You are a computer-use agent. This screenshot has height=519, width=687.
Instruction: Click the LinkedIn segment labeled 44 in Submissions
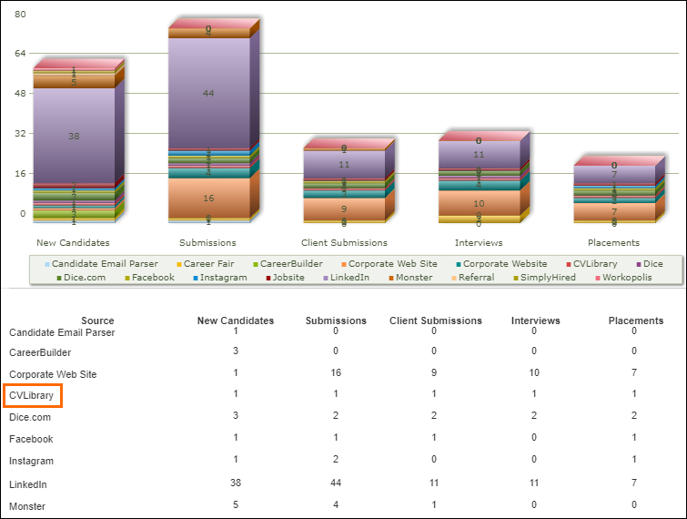[208, 93]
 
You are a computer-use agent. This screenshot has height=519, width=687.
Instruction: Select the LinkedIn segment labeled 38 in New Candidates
[74, 136]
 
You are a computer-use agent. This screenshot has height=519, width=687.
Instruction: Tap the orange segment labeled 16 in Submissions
[208, 198]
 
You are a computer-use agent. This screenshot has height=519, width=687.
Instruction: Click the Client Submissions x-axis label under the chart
[344, 243]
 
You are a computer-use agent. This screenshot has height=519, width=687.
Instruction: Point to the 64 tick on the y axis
[20, 54]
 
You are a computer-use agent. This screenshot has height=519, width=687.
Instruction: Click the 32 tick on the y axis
[20, 133]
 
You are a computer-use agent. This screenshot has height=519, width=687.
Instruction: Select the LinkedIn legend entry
[350, 277]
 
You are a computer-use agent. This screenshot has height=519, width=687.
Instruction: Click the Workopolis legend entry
[622, 277]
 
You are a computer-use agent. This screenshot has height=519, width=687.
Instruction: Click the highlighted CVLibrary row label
[33, 395]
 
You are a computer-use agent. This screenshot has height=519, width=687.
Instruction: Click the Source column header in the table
[97, 321]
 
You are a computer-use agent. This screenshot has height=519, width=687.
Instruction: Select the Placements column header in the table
[635, 321]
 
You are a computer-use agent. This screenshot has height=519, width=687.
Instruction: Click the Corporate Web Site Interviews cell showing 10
[535, 373]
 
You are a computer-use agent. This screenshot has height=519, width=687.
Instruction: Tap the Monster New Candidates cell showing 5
[235, 505]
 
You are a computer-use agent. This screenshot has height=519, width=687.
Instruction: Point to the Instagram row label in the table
[31, 462]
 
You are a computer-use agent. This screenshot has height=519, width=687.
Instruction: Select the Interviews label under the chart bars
[479, 243]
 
